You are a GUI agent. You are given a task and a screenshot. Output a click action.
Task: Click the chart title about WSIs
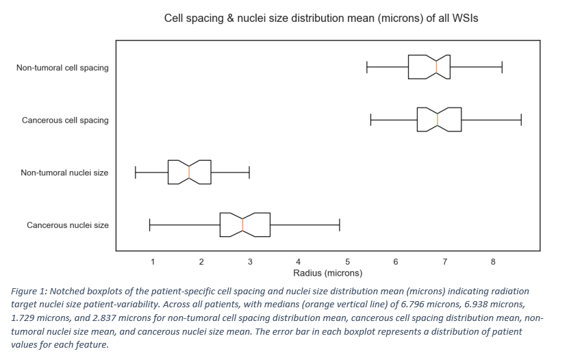click(x=320, y=18)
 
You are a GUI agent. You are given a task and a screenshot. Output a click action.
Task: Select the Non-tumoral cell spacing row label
click(x=62, y=68)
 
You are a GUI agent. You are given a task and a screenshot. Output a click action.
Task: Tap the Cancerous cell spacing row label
click(x=65, y=120)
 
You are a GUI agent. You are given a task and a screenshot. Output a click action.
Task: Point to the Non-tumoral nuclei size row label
click(x=64, y=172)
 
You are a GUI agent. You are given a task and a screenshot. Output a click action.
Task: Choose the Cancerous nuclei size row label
click(x=68, y=225)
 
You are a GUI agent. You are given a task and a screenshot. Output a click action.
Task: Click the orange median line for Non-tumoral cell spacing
click(x=437, y=67)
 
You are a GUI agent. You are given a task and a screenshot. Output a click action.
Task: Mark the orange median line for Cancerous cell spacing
click(x=438, y=120)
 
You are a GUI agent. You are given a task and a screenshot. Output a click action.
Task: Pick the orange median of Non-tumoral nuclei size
click(x=189, y=172)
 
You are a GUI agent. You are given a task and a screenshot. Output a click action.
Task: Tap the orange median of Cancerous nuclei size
click(x=243, y=224)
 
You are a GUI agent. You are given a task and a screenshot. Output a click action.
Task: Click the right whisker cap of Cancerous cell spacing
click(x=521, y=120)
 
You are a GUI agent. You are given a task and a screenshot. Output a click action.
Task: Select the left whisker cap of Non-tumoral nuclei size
click(x=136, y=172)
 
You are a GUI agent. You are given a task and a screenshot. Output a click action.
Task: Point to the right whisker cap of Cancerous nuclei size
click(x=340, y=224)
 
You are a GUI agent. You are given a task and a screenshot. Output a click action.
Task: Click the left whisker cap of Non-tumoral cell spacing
click(x=367, y=67)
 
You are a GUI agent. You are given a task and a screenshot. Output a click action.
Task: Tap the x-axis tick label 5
click(x=347, y=261)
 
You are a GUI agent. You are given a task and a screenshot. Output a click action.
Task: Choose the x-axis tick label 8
click(x=493, y=261)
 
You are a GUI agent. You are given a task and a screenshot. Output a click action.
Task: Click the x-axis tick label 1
click(x=153, y=261)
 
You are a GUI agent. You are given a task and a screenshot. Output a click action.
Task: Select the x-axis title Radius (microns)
click(x=328, y=273)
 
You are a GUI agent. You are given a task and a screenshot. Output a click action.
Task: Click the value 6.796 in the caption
click(x=414, y=305)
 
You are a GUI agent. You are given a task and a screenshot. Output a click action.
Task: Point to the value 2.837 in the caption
click(x=105, y=318)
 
